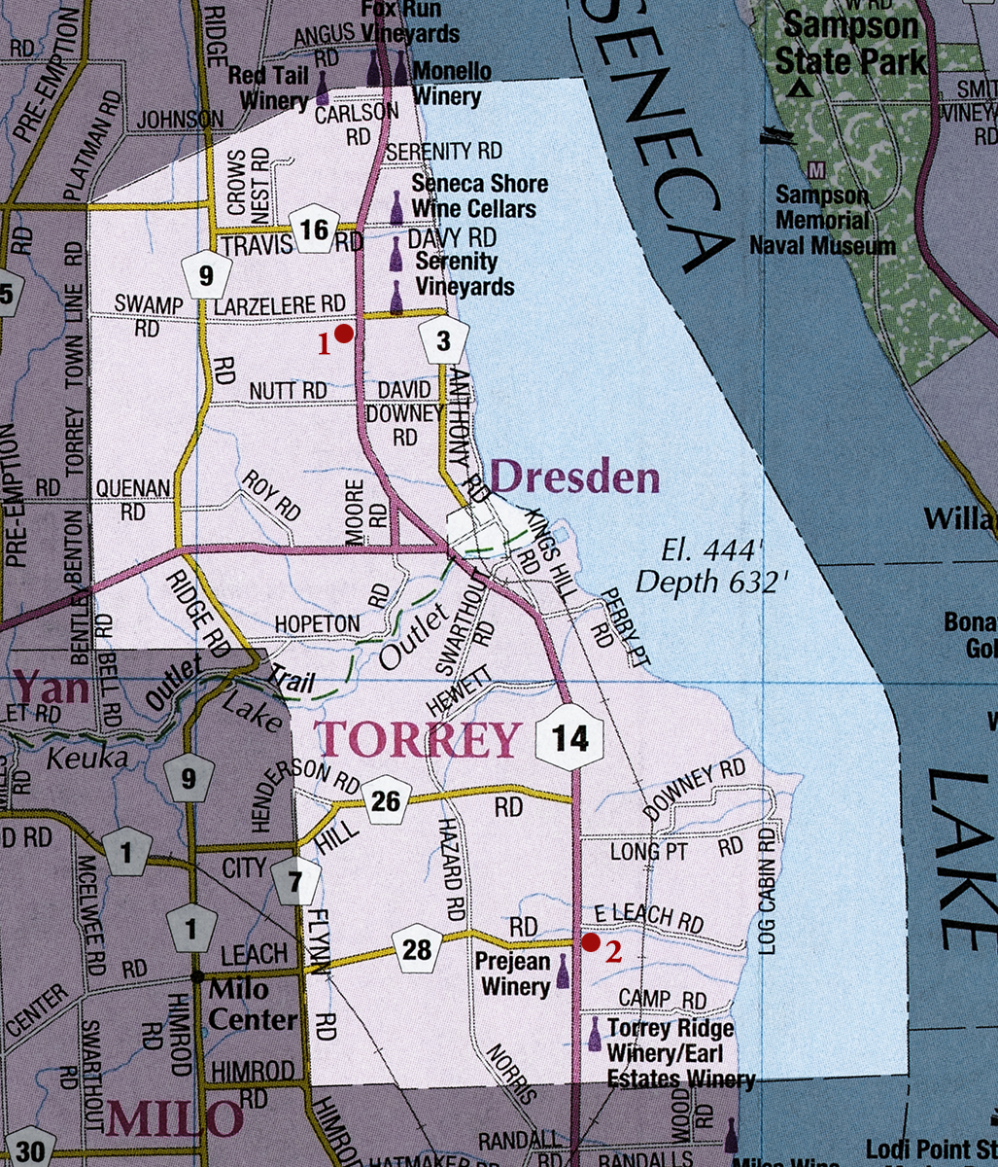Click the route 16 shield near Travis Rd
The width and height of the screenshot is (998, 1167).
pos(314,230)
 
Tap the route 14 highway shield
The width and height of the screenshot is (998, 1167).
pos(570,738)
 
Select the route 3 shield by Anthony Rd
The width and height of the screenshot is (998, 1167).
pos(444,340)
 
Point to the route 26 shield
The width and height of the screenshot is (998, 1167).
pos(386,800)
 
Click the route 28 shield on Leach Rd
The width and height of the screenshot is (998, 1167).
pos(417,948)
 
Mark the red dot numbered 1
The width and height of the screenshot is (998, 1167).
pos(343,334)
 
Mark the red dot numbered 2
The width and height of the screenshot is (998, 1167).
pos(590,941)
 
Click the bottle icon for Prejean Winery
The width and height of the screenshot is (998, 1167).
pos(563,972)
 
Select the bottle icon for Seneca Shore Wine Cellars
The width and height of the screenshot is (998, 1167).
pos(396,207)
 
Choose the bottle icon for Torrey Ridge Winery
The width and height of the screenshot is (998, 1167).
pos(595,1034)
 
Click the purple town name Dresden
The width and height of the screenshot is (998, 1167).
pos(575,478)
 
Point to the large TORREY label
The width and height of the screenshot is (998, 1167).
pos(417,741)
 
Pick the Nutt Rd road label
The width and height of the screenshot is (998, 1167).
pos(288,390)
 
